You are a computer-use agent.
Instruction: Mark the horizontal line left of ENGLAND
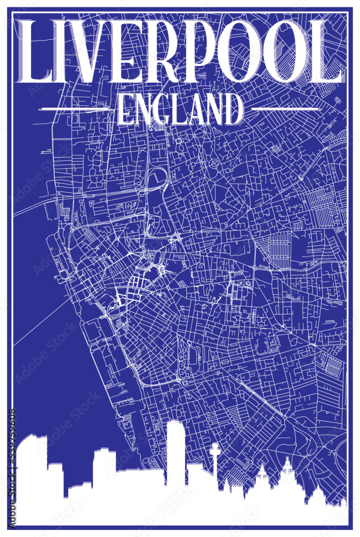pos(75,109)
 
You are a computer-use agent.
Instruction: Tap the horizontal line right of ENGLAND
pos(285,109)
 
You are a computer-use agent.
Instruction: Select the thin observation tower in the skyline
pos(215,462)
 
